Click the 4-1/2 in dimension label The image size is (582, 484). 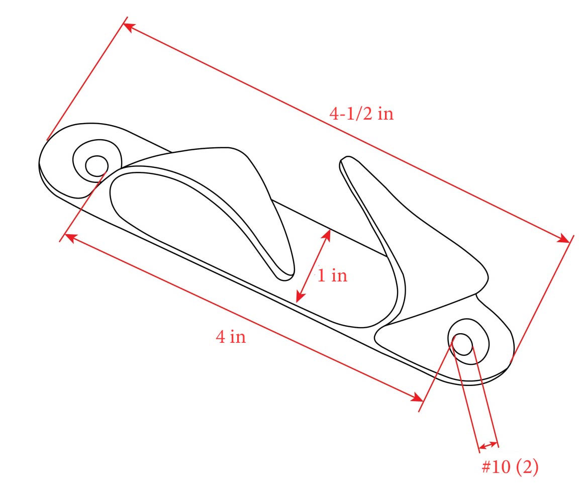(x=361, y=115)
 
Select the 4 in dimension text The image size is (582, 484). (x=231, y=336)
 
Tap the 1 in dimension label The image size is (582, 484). (x=332, y=275)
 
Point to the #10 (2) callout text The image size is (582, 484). (x=510, y=467)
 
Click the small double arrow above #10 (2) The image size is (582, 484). (x=488, y=445)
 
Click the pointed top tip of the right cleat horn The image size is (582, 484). (x=344, y=160)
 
